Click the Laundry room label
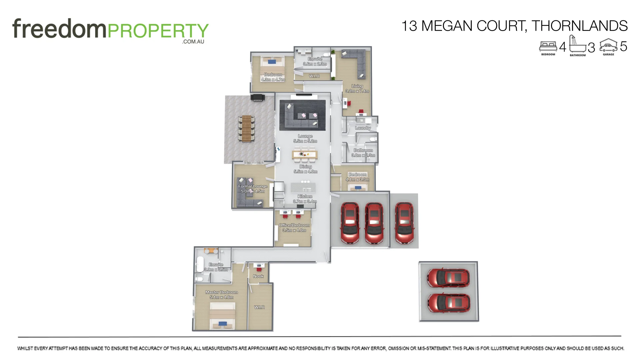[x=363, y=128]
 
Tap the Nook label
[x=258, y=276]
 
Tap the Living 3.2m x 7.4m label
[x=357, y=88]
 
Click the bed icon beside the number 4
[x=548, y=46]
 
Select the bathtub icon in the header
[x=577, y=45]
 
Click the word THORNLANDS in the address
[x=579, y=26]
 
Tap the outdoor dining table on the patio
[x=247, y=128]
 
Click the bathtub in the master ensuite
[x=200, y=264]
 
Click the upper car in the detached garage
[x=449, y=278]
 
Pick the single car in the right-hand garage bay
[x=404, y=223]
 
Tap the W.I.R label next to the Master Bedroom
[x=259, y=307]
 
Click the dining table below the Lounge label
[x=304, y=154]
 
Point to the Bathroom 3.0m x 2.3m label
[x=363, y=153]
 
